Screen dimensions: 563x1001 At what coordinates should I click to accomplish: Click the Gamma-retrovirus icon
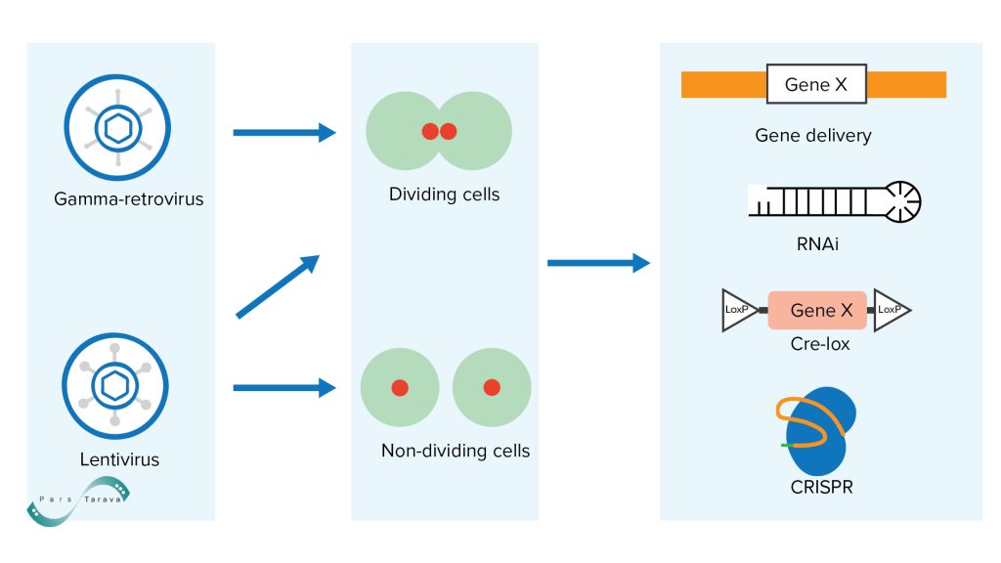tap(116, 126)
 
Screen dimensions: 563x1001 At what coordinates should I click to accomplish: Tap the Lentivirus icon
tap(115, 386)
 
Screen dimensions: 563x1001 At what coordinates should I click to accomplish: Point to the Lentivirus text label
tap(119, 458)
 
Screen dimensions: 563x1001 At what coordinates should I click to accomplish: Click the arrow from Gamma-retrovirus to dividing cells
tap(283, 133)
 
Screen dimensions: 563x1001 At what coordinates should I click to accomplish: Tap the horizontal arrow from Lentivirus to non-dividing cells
tap(283, 388)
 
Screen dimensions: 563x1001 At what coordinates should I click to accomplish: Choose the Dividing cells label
tap(444, 195)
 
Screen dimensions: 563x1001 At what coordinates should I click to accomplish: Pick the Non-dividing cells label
tap(456, 451)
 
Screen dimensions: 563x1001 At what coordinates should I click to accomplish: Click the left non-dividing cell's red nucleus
tap(400, 388)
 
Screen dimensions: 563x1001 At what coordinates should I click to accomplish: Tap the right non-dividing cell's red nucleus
tap(492, 388)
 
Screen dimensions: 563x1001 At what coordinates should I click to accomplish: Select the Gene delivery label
tap(813, 136)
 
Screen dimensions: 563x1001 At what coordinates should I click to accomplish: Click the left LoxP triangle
tap(739, 310)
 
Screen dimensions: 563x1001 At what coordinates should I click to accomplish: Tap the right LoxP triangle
tap(890, 310)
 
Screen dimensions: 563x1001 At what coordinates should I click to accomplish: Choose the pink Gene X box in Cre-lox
tap(818, 310)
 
